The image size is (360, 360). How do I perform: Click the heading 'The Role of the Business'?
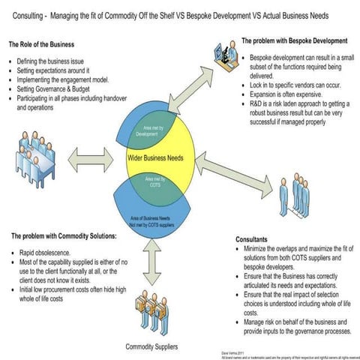coord(42,44)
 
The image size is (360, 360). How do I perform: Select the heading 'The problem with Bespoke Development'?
coord(295,40)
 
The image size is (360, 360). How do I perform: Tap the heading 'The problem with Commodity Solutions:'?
coord(64,236)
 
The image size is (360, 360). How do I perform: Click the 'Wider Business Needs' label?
coord(159,159)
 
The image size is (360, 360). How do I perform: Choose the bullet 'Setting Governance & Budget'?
coord(61,87)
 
